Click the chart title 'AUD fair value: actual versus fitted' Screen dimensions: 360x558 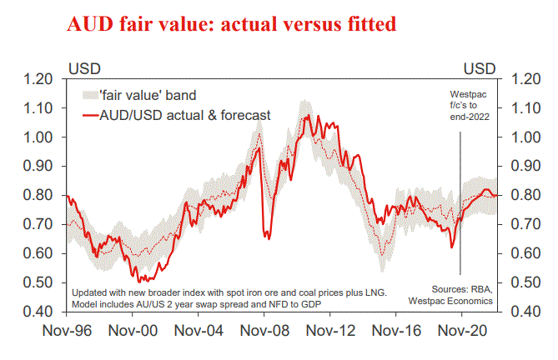tap(233, 24)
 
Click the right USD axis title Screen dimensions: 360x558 tap(479, 67)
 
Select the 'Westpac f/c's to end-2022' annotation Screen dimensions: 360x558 tap(465, 107)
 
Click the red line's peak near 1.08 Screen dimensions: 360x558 tap(307, 115)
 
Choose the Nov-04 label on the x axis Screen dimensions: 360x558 tap(198, 329)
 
